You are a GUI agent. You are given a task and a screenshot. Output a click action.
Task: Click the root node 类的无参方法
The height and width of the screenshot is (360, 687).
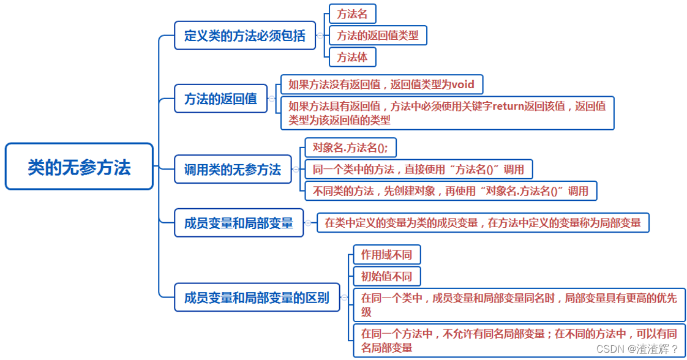click(79, 167)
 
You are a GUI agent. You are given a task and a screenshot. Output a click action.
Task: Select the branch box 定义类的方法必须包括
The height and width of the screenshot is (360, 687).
click(244, 36)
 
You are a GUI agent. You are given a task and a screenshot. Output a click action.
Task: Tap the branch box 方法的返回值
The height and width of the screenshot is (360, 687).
click(220, 99)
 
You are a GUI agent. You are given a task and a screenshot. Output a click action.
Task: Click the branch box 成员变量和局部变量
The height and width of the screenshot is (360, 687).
click(239, 223)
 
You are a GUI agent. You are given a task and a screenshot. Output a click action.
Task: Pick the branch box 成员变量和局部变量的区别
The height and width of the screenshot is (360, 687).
click(257, 298)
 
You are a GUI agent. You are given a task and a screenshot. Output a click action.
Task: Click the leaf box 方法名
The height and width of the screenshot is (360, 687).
click(352, 14)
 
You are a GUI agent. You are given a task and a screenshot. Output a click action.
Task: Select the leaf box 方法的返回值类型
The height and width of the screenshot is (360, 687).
click(378, 36)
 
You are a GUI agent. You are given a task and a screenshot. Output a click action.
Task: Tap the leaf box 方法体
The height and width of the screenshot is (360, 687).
click(352, 58)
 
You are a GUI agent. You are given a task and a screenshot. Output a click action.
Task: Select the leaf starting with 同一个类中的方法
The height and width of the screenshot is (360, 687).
click(418, 169)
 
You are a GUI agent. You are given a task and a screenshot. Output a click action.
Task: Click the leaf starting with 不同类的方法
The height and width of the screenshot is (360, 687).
click(450, 191)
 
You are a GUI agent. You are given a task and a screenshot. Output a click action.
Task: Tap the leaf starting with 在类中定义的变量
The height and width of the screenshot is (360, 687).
click(482, 223)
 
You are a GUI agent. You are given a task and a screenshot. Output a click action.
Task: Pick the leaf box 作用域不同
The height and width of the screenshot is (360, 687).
click(386, 255)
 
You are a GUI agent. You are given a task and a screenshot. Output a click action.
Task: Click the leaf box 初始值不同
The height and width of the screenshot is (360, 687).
click(386, 276)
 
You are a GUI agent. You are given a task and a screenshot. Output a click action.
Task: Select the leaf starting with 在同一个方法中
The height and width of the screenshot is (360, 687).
click(518, 340)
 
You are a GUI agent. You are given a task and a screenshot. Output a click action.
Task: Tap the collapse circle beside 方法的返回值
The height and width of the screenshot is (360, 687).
click(272, 99)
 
